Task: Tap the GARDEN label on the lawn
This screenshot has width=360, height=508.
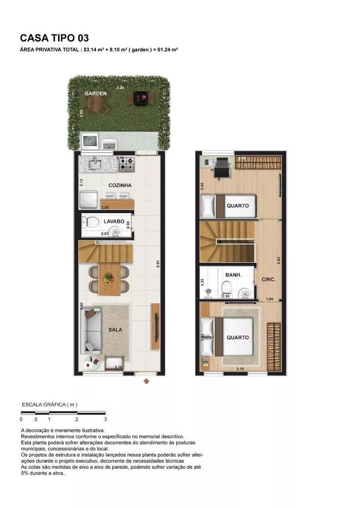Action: pos(95,93)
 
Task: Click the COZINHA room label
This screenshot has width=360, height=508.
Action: pos(120,185)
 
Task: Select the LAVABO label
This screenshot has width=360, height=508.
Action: pos(114,221)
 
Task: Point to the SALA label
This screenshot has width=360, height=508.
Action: pos(115,329)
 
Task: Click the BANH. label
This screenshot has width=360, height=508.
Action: pos(233,275)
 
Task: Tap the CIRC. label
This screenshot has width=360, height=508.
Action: pos(268,279)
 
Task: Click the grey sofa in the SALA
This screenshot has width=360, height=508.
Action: pos(90,330)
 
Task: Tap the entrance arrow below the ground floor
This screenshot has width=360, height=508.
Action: pos(146,379)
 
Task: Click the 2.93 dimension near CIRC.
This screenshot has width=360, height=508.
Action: pos(279,260)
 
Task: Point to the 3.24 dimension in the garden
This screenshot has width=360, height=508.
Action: pos(120,88)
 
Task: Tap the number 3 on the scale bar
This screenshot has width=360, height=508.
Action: pos(105,420)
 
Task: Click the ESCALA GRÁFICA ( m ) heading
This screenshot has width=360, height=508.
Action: pos(49,404)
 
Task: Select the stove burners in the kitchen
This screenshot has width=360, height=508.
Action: pos(128,164)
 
